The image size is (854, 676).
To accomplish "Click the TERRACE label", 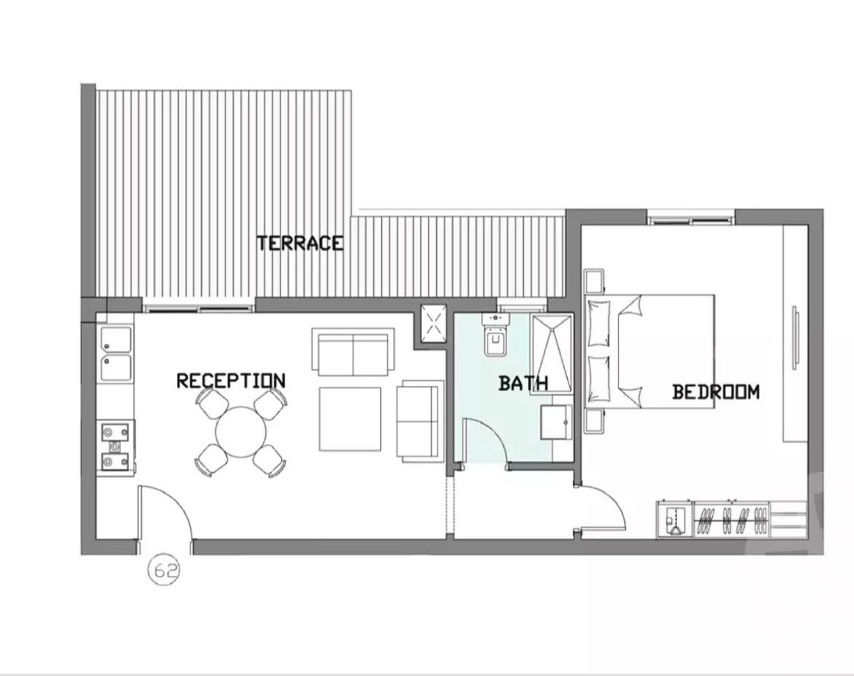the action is click(300, 243).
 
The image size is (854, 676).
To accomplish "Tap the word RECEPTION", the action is click(231, 381).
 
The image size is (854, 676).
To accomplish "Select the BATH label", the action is click(523, 383).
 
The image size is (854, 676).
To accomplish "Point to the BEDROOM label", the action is click(716, 392).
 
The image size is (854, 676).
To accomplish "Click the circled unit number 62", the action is click(164, 571).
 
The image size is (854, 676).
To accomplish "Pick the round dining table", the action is click(241, 432).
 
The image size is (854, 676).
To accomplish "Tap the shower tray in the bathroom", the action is click(552, 353).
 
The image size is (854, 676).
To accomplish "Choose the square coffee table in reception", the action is click(350, 419).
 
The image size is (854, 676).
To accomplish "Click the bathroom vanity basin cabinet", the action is click(556, 422).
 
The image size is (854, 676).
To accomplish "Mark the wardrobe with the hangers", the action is click(732, 519).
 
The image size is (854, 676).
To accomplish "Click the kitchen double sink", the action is click(116, 354).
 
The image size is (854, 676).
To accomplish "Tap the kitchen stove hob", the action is click(116, 447).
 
